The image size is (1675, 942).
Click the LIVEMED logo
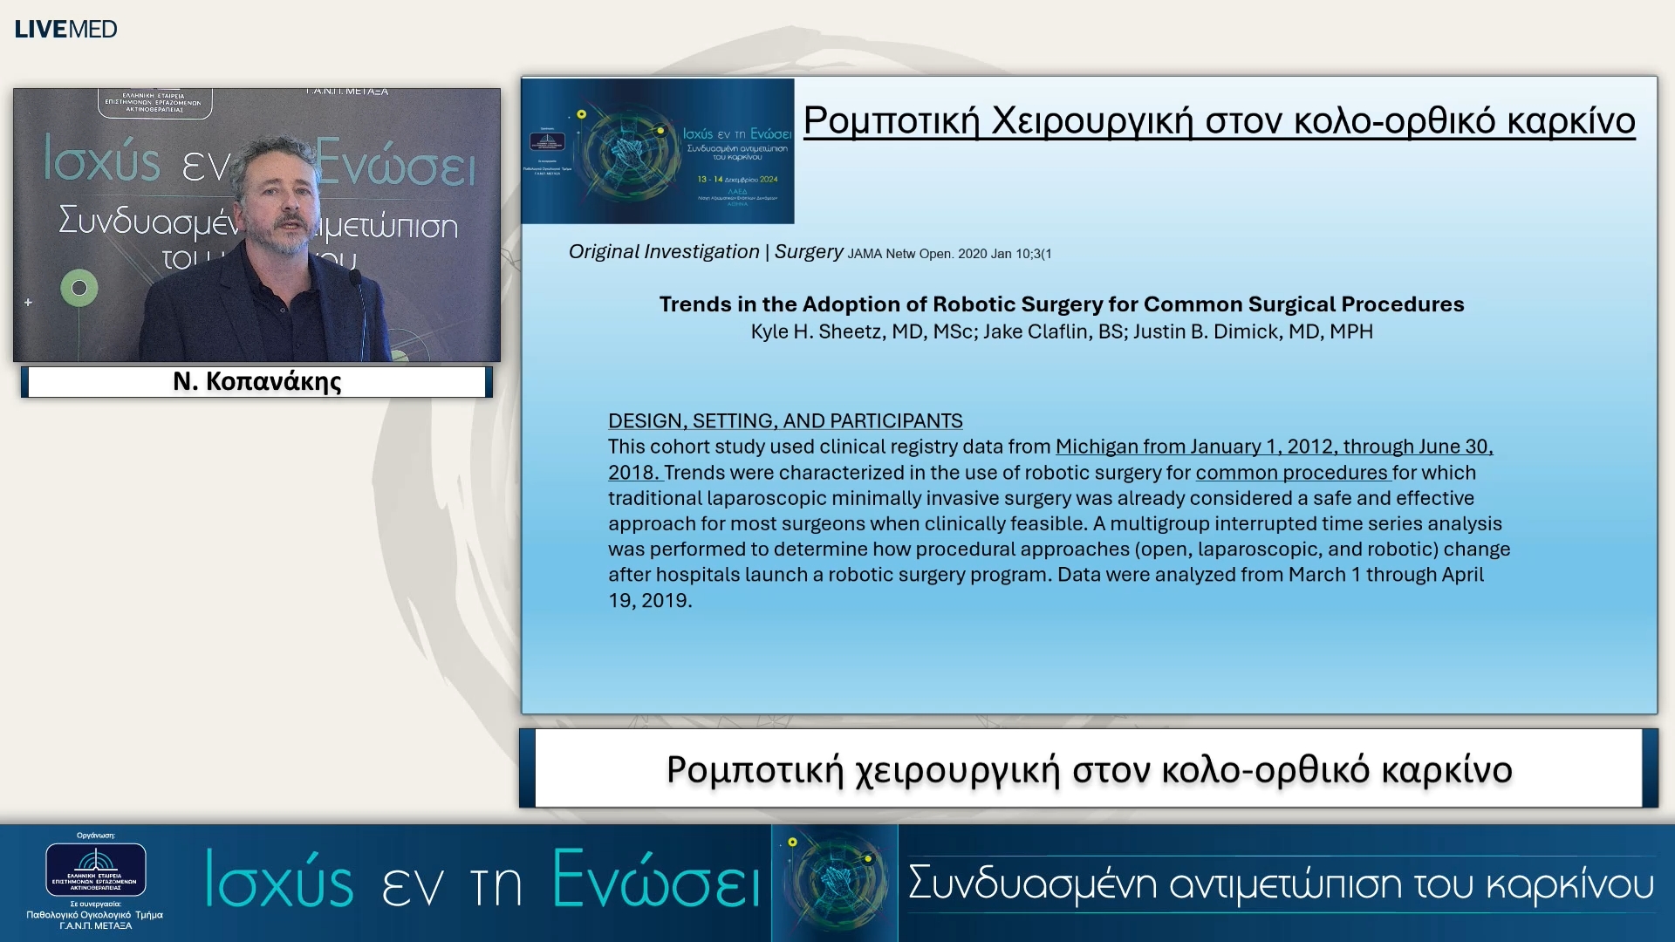65,29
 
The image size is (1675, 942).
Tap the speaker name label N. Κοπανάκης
256,381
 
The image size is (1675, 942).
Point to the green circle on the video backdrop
79,288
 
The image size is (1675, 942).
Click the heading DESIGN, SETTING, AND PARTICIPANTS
785,420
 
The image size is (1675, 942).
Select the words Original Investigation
664,252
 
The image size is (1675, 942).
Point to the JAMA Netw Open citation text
949,254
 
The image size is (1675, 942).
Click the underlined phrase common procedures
1291,473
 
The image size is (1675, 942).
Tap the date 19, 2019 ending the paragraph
650,600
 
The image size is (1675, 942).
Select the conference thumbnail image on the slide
658,151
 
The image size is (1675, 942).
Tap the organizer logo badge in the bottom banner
96,869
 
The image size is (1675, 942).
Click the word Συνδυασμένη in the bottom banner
1033,883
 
